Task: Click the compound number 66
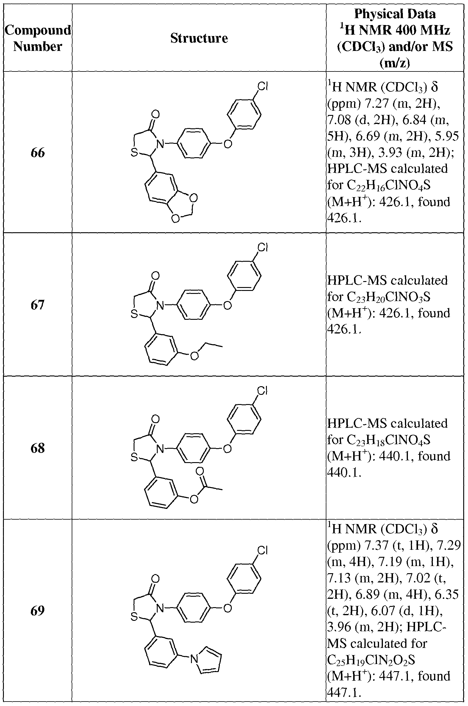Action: [x=37, y=153]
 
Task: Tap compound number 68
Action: [x=37, y=448]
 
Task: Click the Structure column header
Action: [x=199, y=38]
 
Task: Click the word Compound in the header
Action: [x=38, y=30]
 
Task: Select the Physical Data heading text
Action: [x=395, y=14]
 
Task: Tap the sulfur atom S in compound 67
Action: [x=134, y=314]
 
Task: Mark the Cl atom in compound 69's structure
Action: [x=262, y=550]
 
